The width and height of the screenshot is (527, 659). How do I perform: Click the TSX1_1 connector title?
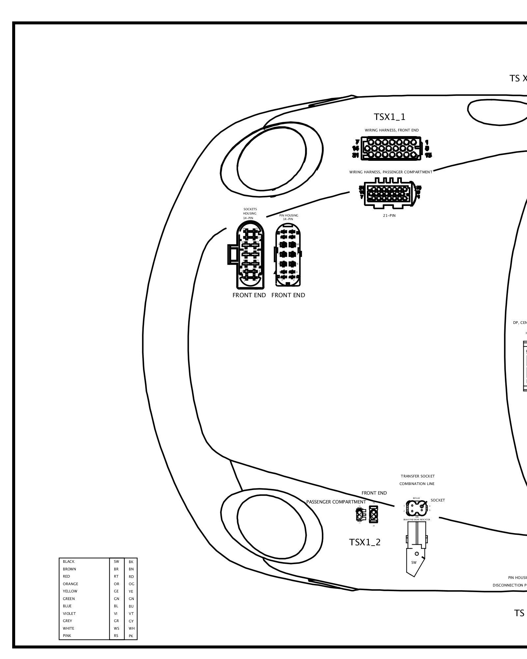[x=389, y=117]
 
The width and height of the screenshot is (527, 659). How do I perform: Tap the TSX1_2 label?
[x=365, y=542]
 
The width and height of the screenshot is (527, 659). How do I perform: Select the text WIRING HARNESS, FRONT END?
[x=392, y=130]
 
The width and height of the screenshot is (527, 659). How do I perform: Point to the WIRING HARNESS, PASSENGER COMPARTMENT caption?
[x=391, y=172]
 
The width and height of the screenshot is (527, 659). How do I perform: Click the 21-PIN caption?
[x=389, y=215]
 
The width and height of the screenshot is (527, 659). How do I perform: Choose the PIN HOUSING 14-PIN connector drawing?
[x=288, y=255]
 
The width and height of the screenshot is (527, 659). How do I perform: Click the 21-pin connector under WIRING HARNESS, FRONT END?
[x=391, y=149]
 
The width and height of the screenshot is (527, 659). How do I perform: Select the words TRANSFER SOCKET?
[x=418, y=476]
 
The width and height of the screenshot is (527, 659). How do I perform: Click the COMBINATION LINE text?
[x=417, y=484]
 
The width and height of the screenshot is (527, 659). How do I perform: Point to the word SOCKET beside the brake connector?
[x=438, y=500]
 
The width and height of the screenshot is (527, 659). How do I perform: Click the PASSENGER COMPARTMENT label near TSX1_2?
[x=336, y=502]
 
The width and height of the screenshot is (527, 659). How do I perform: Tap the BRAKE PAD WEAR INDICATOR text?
[x=417, y=519]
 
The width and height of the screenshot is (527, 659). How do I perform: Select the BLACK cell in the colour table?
[x=69, y=561]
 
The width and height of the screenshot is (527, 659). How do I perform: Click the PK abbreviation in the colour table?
[x=131, y=636]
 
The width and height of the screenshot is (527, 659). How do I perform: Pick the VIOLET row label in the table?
[x=69, y=614]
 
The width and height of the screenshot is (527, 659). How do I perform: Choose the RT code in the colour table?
[x=116, y=576]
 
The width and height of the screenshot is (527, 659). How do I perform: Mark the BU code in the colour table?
[x=131, y=606]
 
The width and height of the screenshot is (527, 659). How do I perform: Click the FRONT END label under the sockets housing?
[x=249, y=295]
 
